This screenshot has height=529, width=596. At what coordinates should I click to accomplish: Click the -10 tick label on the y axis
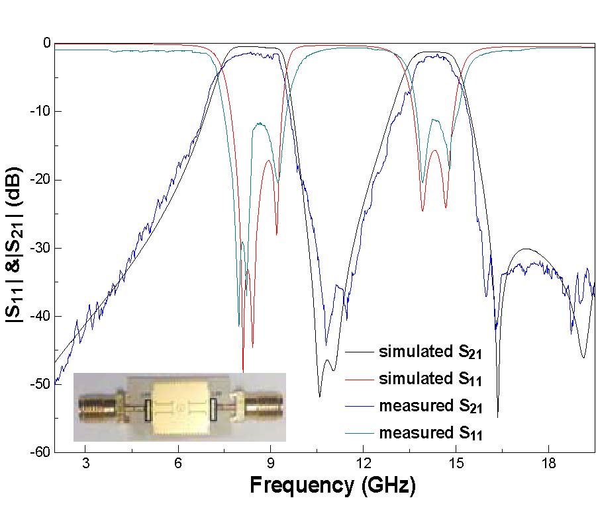(x=38, y=111)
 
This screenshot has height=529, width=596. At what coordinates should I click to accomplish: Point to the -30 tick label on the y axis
(x=38, y=248)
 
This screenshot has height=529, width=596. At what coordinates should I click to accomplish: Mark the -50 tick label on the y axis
(x=38, y=384)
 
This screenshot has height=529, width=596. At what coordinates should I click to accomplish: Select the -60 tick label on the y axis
(x=38, y=452)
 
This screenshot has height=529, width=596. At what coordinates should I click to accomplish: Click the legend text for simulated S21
(x=430, y=352)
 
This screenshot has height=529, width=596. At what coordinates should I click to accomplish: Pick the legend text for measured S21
(x=430, y=407)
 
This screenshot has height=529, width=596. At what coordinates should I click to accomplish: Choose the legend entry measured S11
(x=430, y=434)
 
